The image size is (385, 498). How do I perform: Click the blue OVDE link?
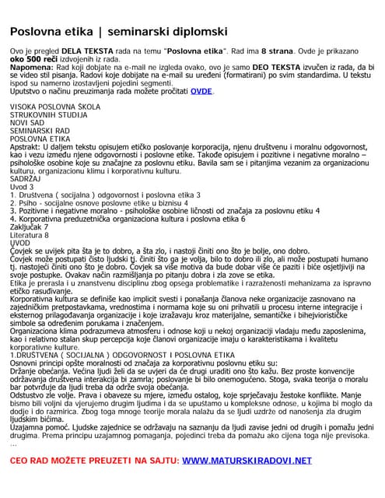click(201, 91)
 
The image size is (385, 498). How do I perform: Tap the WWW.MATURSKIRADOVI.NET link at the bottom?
click(247, 461)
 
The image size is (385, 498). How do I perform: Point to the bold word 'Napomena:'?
click(30, 68)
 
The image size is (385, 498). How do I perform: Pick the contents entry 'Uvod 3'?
click(22, 187)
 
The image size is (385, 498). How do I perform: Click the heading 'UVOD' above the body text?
click(20, 243)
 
